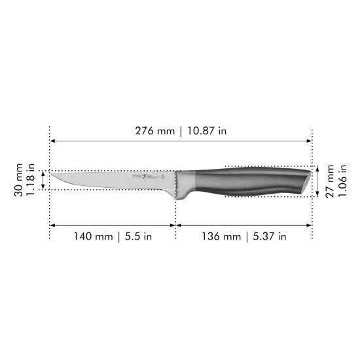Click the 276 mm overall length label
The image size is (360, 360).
point(155,131)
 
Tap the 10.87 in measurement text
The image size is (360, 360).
point(205,131)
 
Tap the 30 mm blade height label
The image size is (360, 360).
point(20,180)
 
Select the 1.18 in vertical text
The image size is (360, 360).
point(31,180)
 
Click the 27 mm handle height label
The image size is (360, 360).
point(331,181)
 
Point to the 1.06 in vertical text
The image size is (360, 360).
point(342,181)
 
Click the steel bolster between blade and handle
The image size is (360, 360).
point(188,183)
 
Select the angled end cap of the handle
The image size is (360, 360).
point(304,183)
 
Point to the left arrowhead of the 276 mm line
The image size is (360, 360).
point(53,141)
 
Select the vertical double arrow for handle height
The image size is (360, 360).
point(319,181)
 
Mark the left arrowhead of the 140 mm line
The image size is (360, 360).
point(53,225)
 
